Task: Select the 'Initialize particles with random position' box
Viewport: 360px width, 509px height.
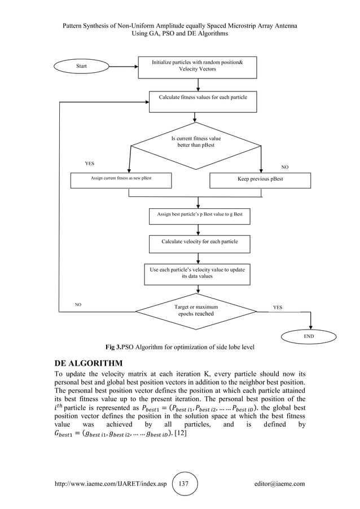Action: pos(197,67)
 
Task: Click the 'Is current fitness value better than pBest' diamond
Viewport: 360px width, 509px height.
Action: pos(196,143)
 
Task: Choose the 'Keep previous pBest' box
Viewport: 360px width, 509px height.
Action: pos(260,179)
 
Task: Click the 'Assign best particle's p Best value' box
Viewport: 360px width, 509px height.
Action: pos(200,216)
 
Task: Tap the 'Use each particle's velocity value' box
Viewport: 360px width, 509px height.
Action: pos(197,273)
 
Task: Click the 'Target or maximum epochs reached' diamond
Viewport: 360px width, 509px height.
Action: pos(196,310)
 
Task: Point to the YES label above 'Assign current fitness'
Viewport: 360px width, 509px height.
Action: pos(89,163)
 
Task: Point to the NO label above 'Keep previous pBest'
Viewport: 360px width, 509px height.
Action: pos(284,167)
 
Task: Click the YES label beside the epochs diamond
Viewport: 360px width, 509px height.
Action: pos(278,308)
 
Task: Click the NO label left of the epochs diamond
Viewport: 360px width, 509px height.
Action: pos(78,304)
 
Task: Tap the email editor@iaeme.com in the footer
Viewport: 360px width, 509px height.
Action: pos(280,484)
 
